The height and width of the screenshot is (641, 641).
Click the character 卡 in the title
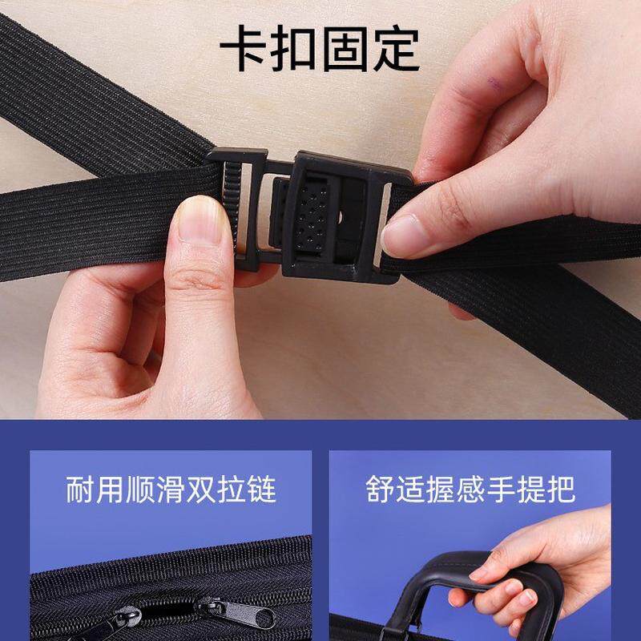pyautogui.click(x=244, y=49)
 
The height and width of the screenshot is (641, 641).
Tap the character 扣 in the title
pyautogui.click(x=295, y=49)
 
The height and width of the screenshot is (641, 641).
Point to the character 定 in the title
pyautogui.click(x=396, y=49)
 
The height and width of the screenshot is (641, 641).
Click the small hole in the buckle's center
pyautogui.click(x=341, y=216)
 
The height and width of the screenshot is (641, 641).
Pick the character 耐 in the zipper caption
pyautogui.click(x=80, y=490)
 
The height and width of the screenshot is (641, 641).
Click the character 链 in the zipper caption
pyautogui.click(x=262, y=490)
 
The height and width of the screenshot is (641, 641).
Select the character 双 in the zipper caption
pyautogui.click(x=201, y=490)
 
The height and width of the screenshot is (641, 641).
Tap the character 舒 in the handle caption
pyautogui.click(x=380, y=490)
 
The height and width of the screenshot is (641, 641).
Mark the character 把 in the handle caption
pyautogui.click(x=562, y=490)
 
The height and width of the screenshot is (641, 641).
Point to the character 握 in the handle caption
pyautogui.click(x=440, y=490)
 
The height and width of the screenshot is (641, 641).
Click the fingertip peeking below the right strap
pyautogui.click(x=461, y=312)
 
